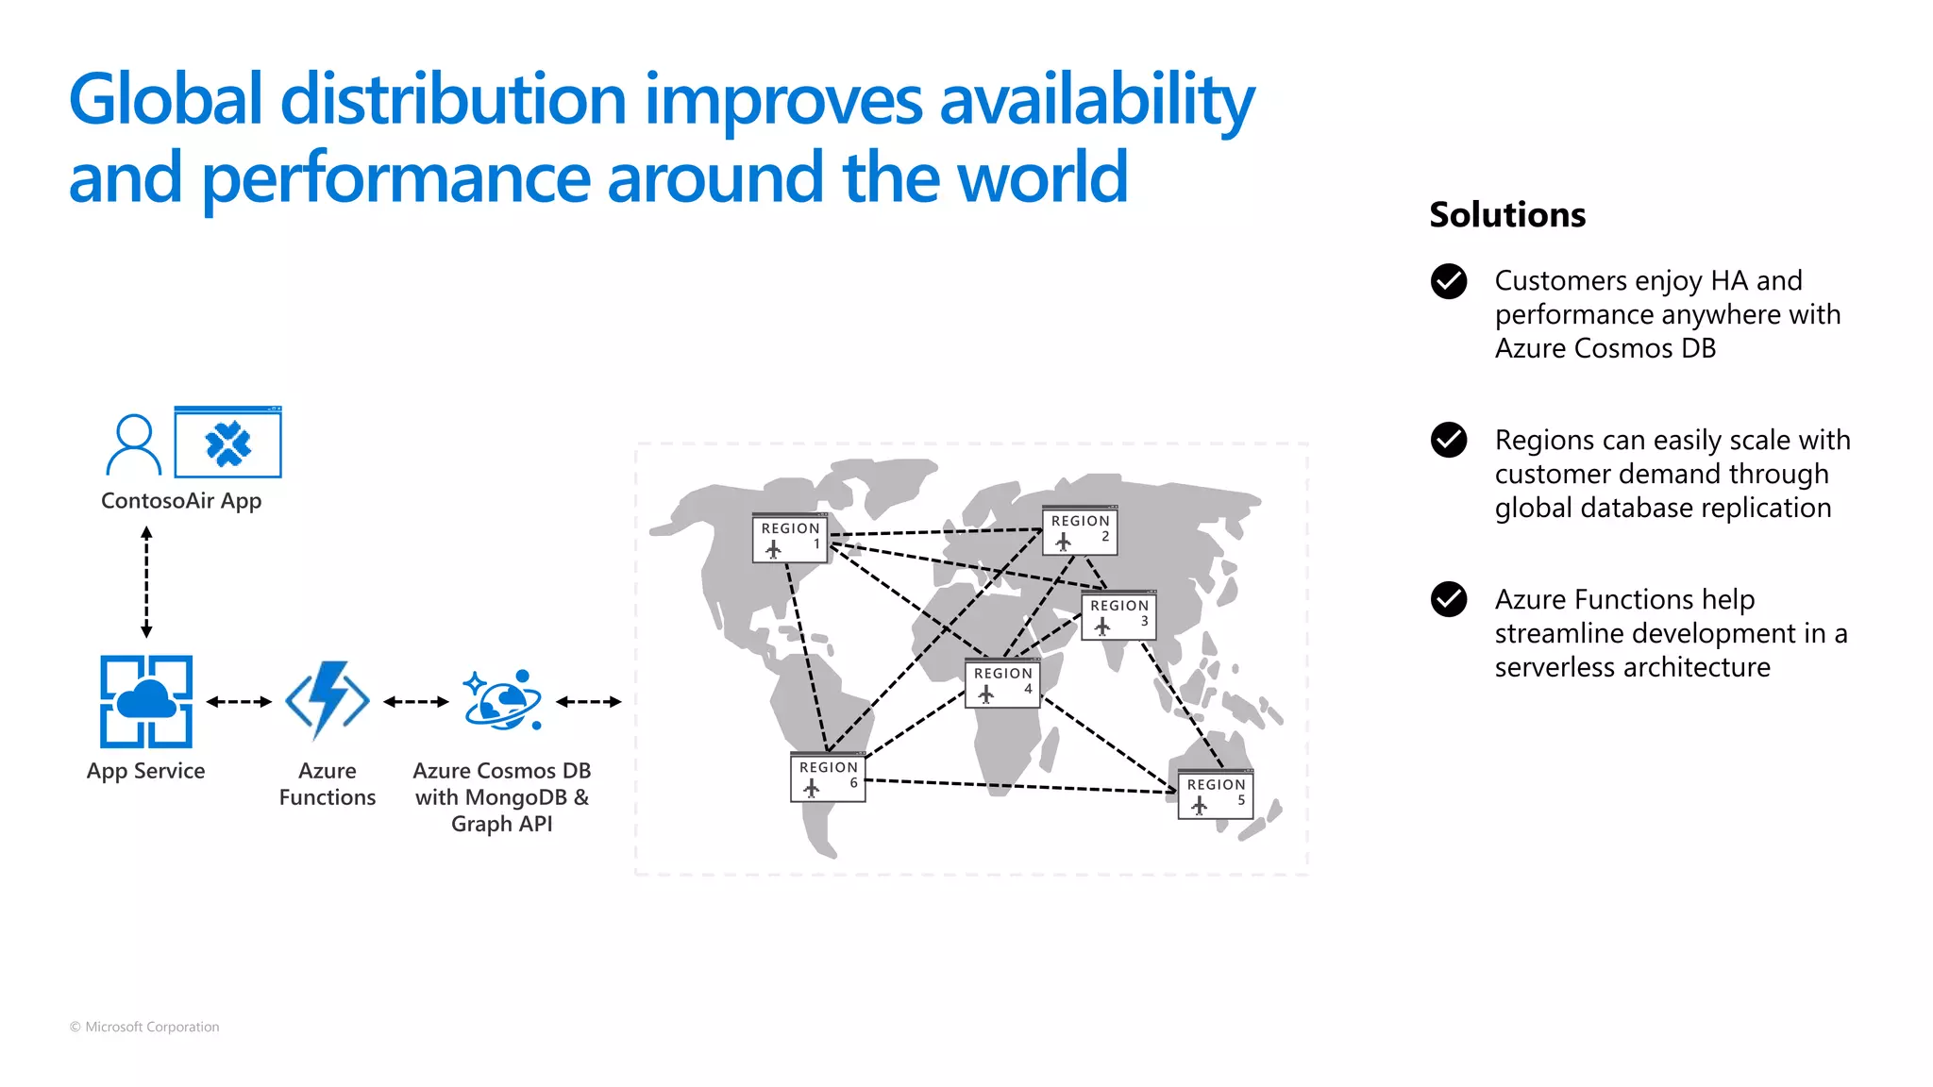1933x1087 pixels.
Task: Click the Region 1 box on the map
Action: point(790,539)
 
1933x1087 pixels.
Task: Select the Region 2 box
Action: point(1080,531)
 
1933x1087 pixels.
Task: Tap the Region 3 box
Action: point(1118,616)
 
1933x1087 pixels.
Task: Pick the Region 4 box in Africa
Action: point(1002,684)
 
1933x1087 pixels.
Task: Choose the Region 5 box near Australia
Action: point(1216,795)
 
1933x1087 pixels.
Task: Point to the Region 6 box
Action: point(828,778)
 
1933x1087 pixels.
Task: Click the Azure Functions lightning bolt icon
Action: point(328,700)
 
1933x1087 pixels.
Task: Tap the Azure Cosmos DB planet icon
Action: point(502,701)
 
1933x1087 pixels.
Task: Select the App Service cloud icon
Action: point(146,701)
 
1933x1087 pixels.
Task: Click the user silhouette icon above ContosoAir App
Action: point(133,444)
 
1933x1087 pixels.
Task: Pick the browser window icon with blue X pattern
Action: point(228,443)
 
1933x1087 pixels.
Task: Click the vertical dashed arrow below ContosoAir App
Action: point(146,582)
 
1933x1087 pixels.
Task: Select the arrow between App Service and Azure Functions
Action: point(239,701)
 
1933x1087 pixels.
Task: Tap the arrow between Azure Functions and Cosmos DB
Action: point(416,701)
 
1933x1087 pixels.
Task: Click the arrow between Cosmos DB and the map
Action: point(588,701)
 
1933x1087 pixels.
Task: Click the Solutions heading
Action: point(1507,215)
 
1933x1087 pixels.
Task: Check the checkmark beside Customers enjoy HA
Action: point(1448,281)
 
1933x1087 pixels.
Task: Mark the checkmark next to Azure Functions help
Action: point(1448,599)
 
